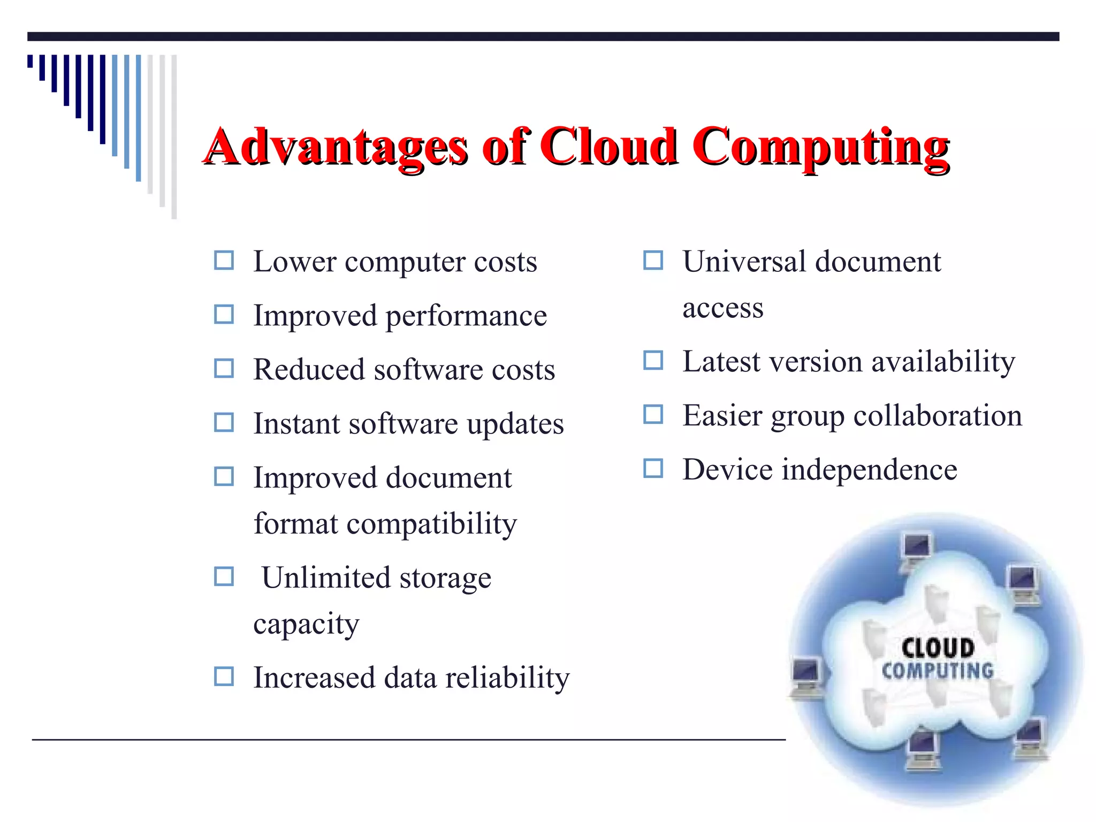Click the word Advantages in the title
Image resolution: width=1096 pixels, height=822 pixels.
pyautogui.click(x=336, y=147)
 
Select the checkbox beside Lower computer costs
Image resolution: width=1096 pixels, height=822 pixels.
pyautogui.click(x=224, y=261)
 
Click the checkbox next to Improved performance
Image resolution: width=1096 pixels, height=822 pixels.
pyautogui.click(x=224, y=315)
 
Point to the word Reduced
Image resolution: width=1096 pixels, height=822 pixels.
pyautogui.click(x=309, y=369)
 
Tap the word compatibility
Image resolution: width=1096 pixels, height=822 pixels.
pyautogui.click(x=432, y=524)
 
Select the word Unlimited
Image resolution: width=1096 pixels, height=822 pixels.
pyautogui.click(x=326, y=577)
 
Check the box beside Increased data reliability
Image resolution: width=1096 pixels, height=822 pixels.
pyautogui.click(x=224, y=676)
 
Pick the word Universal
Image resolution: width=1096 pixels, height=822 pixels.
pyautogui.click(x=744, y=262)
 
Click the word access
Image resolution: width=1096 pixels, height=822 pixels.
pyautogui.click(x=722, y=308)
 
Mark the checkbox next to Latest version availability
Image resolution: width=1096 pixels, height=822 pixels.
pyautogui.click(x=653, y=360)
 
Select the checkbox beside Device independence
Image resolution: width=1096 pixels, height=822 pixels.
pyautogui.click(x=653, y=468)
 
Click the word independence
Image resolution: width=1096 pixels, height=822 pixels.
pyautogui.click(x=870, y=470)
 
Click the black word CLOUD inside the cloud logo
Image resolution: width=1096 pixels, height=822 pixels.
pyautogui.click(x=938, y=648)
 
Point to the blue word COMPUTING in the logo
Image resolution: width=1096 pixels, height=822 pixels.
pyautogui.click(x=938, y=671)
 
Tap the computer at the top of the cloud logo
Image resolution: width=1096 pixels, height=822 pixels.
pyautogui.click(x=916, y=551)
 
